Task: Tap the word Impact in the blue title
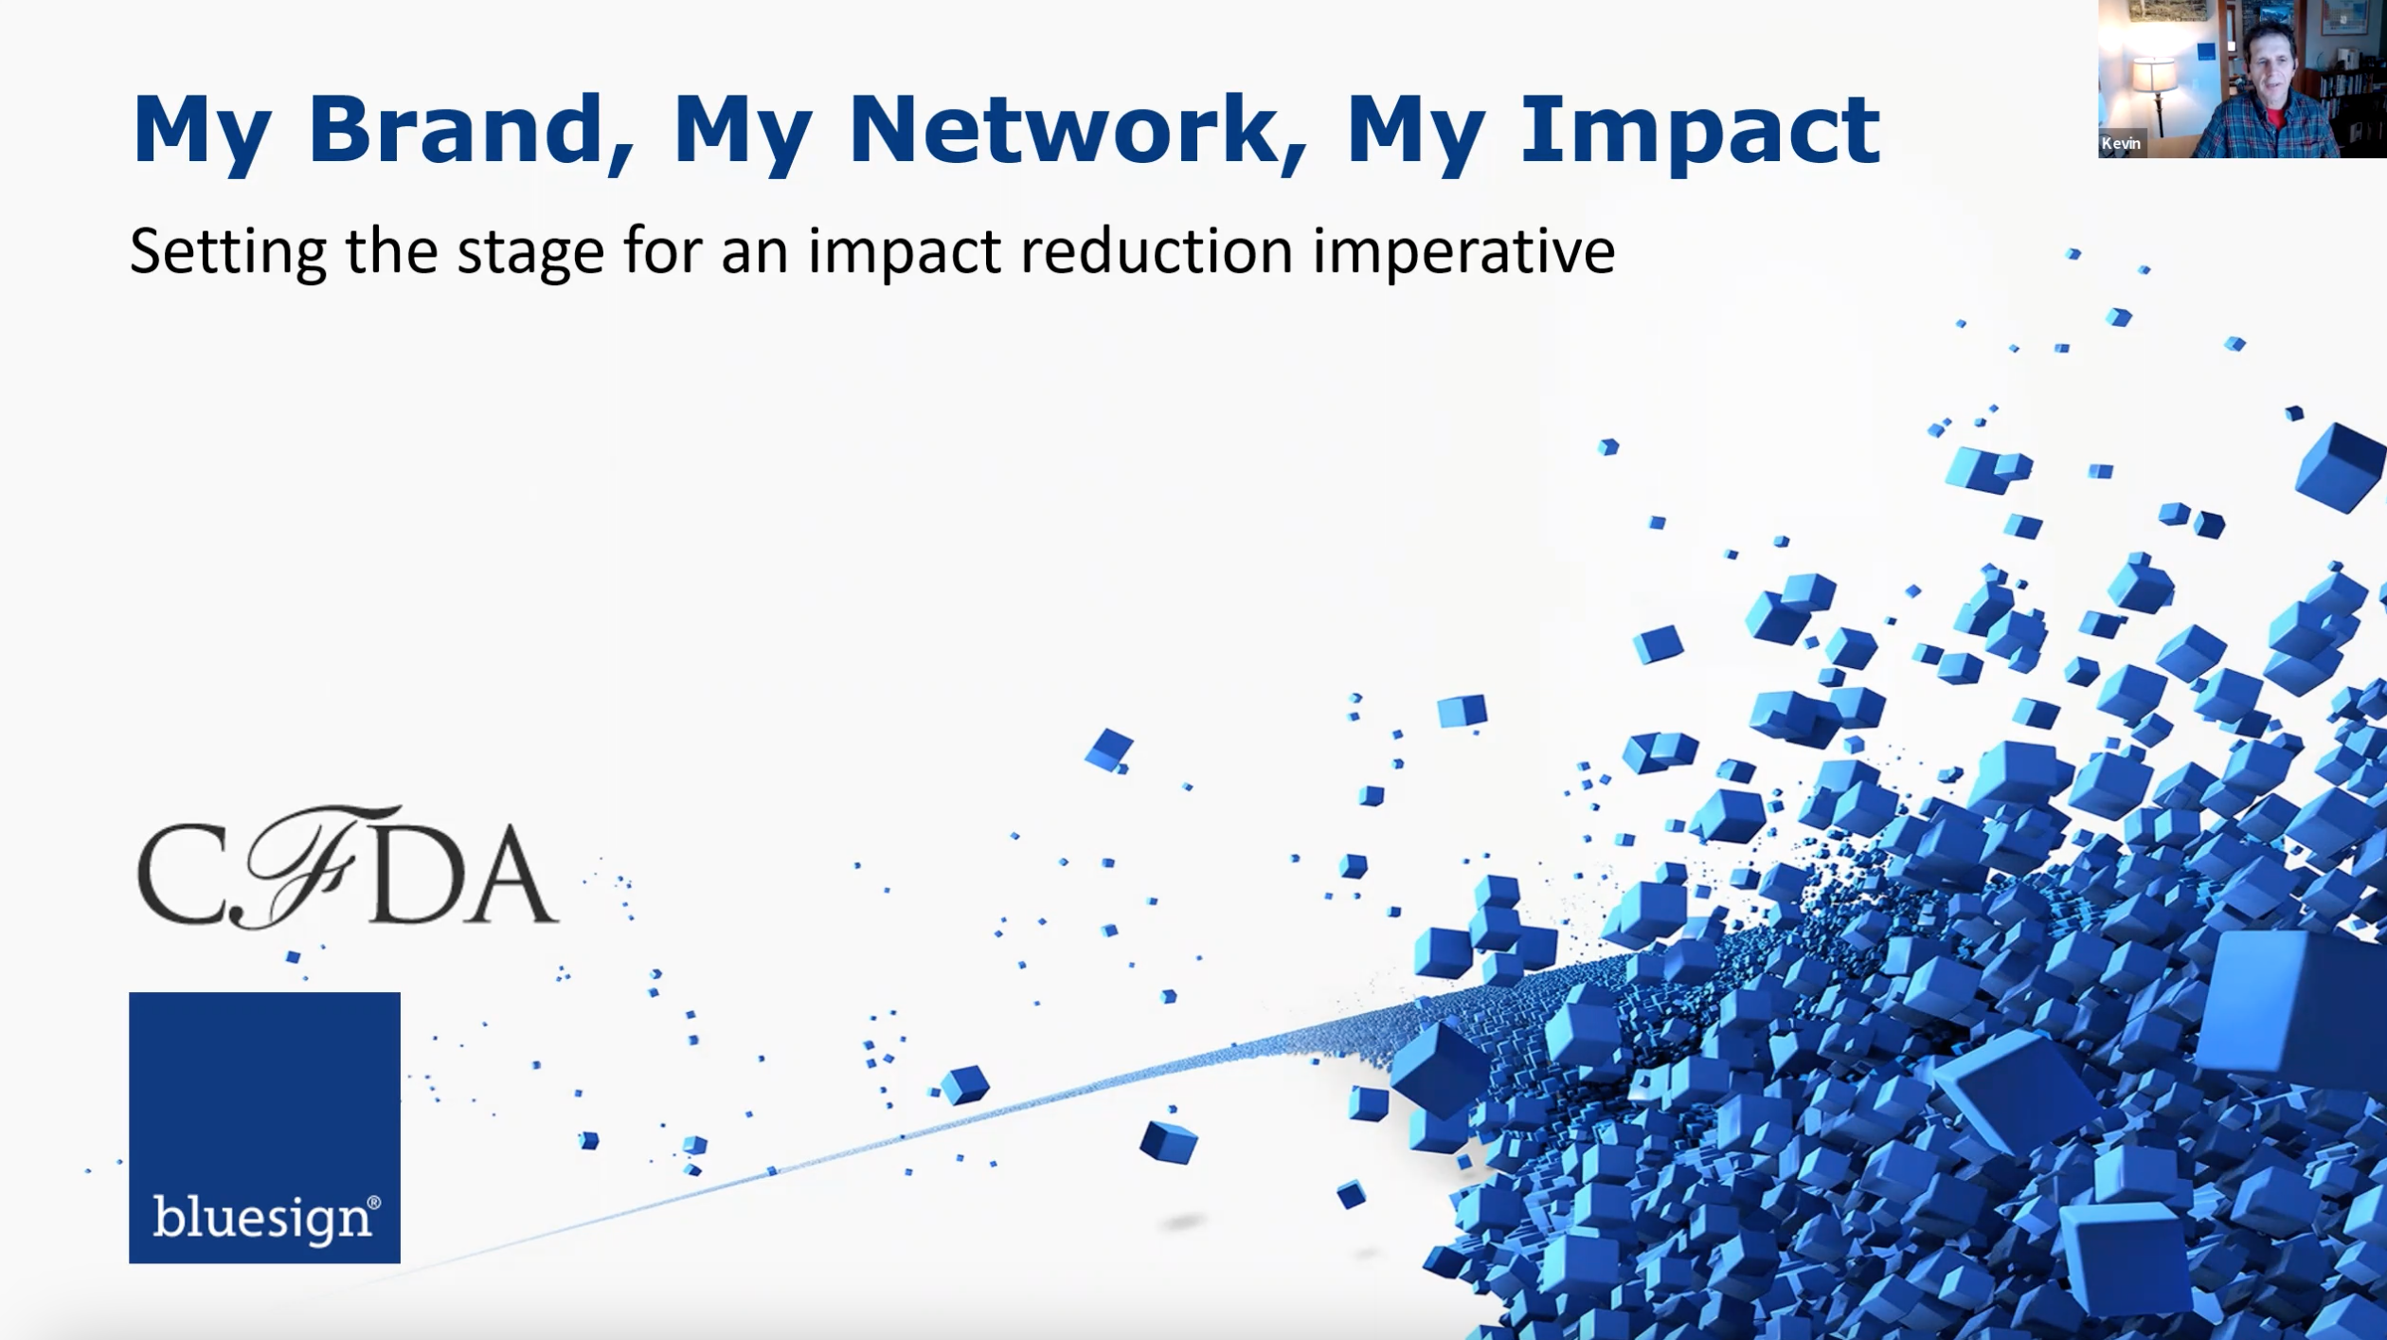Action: click(1700, 134)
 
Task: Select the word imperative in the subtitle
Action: click(1464, 254)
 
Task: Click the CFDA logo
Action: click(347, 867)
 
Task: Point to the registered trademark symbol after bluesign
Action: click(374, 1203)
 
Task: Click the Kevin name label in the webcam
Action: click(2121, 143)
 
